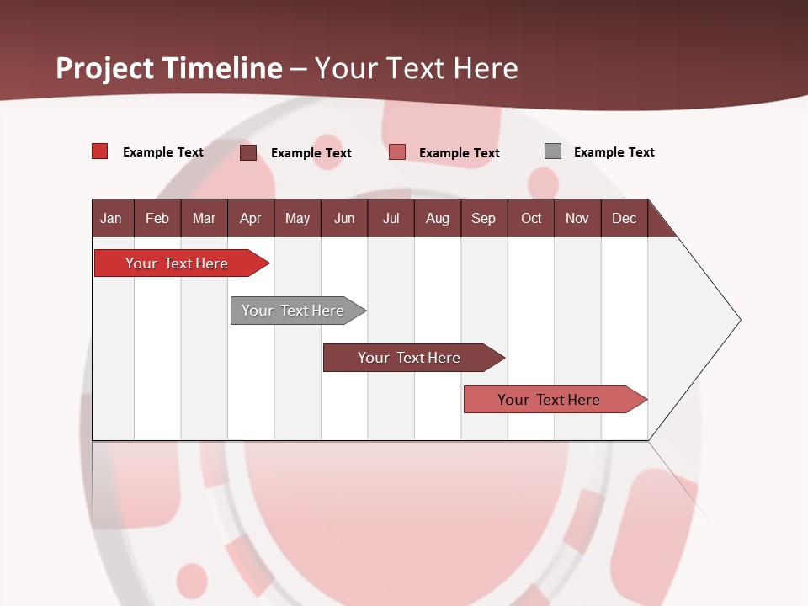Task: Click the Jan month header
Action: coord(111,218)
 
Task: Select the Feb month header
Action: coord(157,218)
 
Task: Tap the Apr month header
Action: coord(250,218)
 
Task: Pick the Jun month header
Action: coord(344,218)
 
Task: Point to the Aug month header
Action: coord(437,218)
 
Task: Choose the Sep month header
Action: coord(483,218)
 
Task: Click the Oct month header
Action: coord(531,218)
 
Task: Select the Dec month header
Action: coord(624,218)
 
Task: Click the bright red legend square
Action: coord(100,151)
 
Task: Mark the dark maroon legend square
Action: coord(248,152)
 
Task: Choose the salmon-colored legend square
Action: coord(397,151)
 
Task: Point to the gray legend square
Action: coord(553,151)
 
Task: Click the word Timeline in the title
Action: coord(222,68)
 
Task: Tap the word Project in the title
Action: coord(106,68)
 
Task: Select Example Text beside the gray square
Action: coord(614,152)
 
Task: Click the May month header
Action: coord(297,218)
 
